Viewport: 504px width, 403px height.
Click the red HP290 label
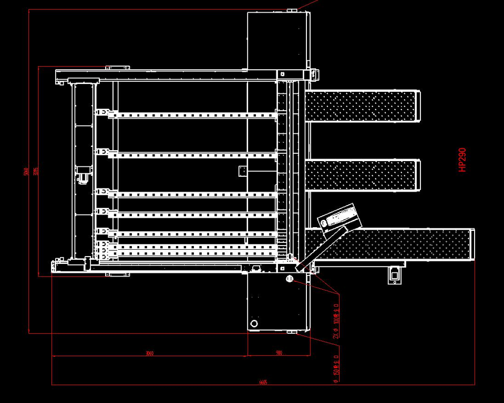(x=462, y=160)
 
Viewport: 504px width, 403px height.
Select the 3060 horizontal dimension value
(x=149, y=353)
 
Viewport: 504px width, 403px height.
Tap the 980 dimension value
(x=279, y=353)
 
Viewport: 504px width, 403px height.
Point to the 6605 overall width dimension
(x=263, y=383)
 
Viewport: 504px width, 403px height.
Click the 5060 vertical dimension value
(x=26, y=172)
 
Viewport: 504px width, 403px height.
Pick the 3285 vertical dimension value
(x=36, y=172)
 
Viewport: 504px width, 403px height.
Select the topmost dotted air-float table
(x=362, y=106)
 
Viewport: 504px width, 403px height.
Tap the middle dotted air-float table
(x=362, y=176)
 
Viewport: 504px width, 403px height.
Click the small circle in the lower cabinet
(x=254, y=323)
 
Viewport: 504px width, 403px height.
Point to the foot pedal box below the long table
(x=395, y=274)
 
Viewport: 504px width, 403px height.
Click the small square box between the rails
(x=243, y=171)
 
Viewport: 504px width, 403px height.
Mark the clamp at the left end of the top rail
(x=104, y=113)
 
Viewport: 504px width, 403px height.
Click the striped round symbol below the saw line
(x=289, y=279)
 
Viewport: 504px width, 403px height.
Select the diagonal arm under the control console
(x=321, y=250)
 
